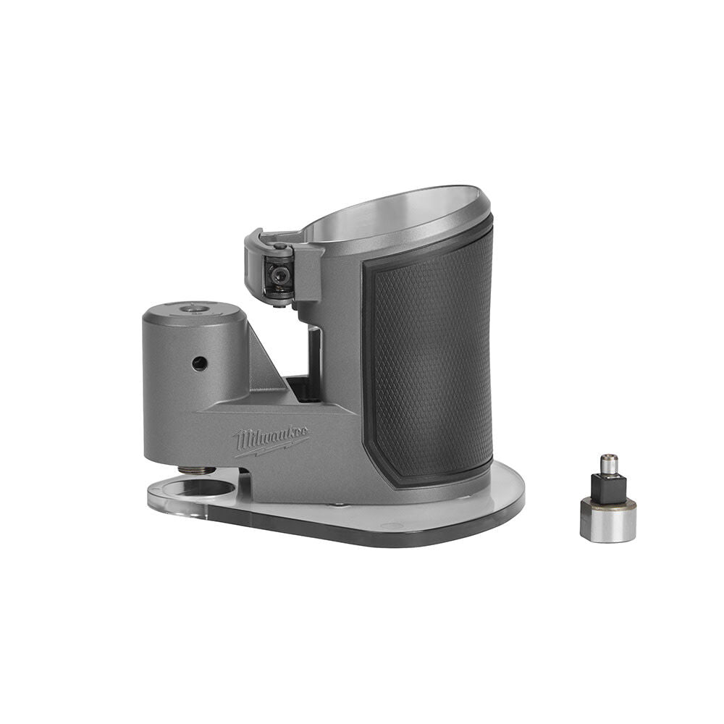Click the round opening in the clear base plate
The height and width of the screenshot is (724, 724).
coord(198,489)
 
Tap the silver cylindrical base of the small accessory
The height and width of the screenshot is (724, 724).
coord(608,521)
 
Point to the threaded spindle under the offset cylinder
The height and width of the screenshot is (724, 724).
coord(197,471)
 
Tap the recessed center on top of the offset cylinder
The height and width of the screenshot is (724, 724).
coord(192,309)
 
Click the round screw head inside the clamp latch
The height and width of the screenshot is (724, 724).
coord(277,274)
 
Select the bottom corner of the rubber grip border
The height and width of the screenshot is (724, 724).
coord(395,478)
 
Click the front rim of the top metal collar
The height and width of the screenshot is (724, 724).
coord(405,243)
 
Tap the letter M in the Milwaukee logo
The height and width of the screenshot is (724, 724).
coord(241,439)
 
